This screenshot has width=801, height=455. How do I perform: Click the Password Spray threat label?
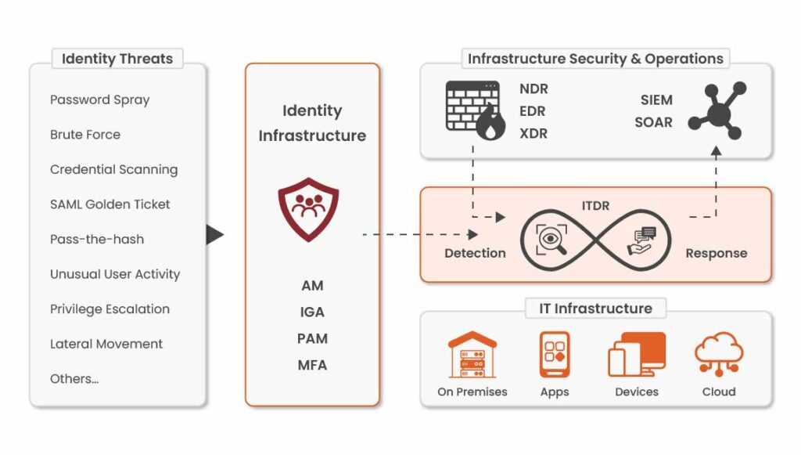pos(99,99)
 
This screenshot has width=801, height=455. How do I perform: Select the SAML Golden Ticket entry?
pos(110,204)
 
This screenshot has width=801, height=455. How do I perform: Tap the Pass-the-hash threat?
pos(97,239)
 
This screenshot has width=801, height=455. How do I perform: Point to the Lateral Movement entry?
pos(106,344)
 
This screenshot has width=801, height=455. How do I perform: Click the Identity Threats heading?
pos(117,59)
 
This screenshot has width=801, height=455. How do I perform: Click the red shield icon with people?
pos(308,208)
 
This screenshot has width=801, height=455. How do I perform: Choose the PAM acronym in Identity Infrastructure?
pos(312,338)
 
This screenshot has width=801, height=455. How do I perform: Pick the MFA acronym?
pos(312,365)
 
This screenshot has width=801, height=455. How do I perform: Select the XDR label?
pos(533,133)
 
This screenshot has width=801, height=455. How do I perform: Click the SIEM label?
pos(656,99)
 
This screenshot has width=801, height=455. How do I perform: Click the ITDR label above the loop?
pos(595,206)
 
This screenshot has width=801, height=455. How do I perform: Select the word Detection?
pos(475,253)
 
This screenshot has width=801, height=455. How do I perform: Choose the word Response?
pos(716,253)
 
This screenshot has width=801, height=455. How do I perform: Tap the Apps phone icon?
pos(554,355)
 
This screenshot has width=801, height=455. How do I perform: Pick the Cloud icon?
pos(718,354)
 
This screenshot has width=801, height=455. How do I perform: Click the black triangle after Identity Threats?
pos(214,234)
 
